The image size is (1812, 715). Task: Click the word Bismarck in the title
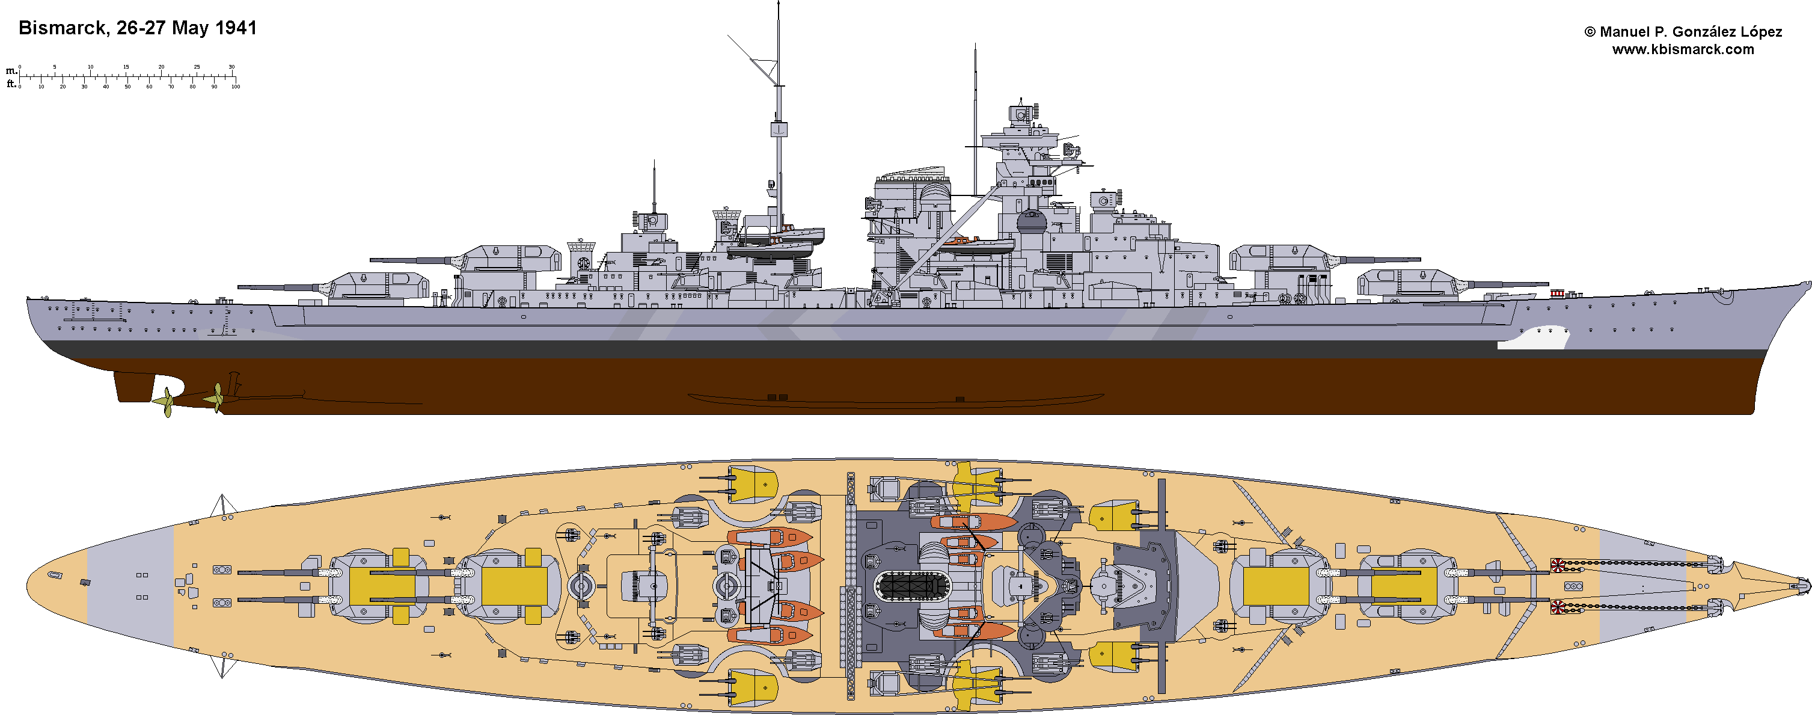(61, 28)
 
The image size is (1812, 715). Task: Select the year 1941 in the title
(236, 28)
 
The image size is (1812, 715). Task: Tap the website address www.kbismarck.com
(1683, 49)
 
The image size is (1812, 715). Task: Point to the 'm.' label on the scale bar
(11, 70)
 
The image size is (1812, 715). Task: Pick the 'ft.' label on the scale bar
(11, 84)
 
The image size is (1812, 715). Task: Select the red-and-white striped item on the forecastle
(1556, 293)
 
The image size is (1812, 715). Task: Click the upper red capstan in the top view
(1558, 565)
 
